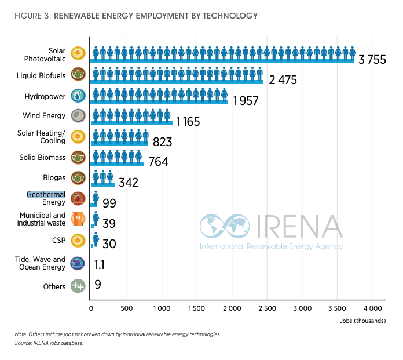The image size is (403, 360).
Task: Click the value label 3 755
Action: tap(372, 60)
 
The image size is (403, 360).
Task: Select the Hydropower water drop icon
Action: tap(78, 95)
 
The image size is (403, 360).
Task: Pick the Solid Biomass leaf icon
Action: tap(78, 157)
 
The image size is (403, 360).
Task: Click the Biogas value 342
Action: tap(129, 183)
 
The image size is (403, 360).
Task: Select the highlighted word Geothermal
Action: tap(46, 195)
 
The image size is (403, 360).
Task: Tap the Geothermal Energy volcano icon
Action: tap(78, 199)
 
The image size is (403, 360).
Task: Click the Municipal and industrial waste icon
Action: tap(78, 219)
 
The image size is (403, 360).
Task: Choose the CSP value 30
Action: tap(109, 244)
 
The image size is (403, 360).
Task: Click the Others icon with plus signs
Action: tap(78, 286)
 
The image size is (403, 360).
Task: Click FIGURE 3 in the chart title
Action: tap(32, 16)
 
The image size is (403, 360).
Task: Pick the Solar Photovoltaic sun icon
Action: tap(78, 54)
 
